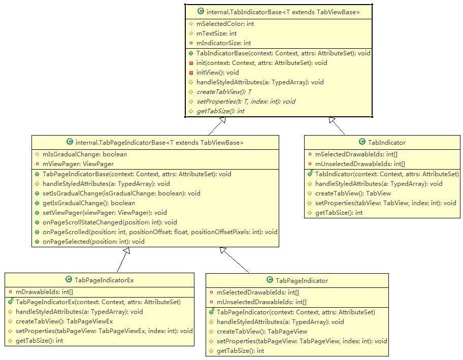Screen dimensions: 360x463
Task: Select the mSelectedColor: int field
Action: point(225,24)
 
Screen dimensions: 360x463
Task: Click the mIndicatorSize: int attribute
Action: point(223,43)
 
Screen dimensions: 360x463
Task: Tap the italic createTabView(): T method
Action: point(223,92)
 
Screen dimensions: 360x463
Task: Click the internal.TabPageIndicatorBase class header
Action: point(159,143)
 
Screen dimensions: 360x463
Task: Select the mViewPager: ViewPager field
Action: point(78,164)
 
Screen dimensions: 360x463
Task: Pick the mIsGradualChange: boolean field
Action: point(85,154)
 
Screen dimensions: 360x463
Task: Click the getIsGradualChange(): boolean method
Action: point(89,203)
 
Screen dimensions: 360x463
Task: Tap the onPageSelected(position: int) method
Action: point(93,242)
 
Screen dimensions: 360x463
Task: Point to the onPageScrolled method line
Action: point(160,232)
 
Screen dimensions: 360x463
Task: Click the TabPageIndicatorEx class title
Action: point(104,280)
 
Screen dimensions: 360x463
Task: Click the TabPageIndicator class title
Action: point(301,280)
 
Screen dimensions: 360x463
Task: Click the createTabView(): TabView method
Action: point(353,193)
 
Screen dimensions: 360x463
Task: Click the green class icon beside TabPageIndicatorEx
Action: point(69,280)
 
